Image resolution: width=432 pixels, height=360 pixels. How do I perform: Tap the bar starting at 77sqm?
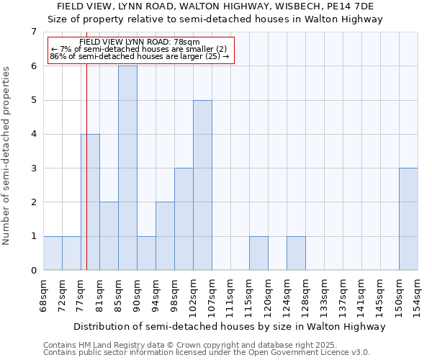point(90,202)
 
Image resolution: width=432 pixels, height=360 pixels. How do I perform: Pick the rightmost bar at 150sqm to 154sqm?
point(408,219)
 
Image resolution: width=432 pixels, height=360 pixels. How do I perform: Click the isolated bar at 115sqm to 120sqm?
point(258,253)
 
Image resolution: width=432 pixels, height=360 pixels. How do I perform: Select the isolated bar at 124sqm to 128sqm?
point(296,253)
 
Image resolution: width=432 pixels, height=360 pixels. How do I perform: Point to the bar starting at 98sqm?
point(184,219)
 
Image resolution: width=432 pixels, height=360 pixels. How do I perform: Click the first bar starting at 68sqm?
point(53,253)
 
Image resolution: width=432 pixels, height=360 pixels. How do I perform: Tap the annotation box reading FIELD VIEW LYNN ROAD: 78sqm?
point(141,50)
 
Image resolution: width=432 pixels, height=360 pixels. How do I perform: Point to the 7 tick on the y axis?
point(33,32)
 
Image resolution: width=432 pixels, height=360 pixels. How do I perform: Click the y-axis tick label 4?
point(33,134)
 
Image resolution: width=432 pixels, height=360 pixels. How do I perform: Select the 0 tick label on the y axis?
point(33,271)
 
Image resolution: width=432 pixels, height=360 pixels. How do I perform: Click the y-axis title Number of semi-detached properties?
point(7,156)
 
